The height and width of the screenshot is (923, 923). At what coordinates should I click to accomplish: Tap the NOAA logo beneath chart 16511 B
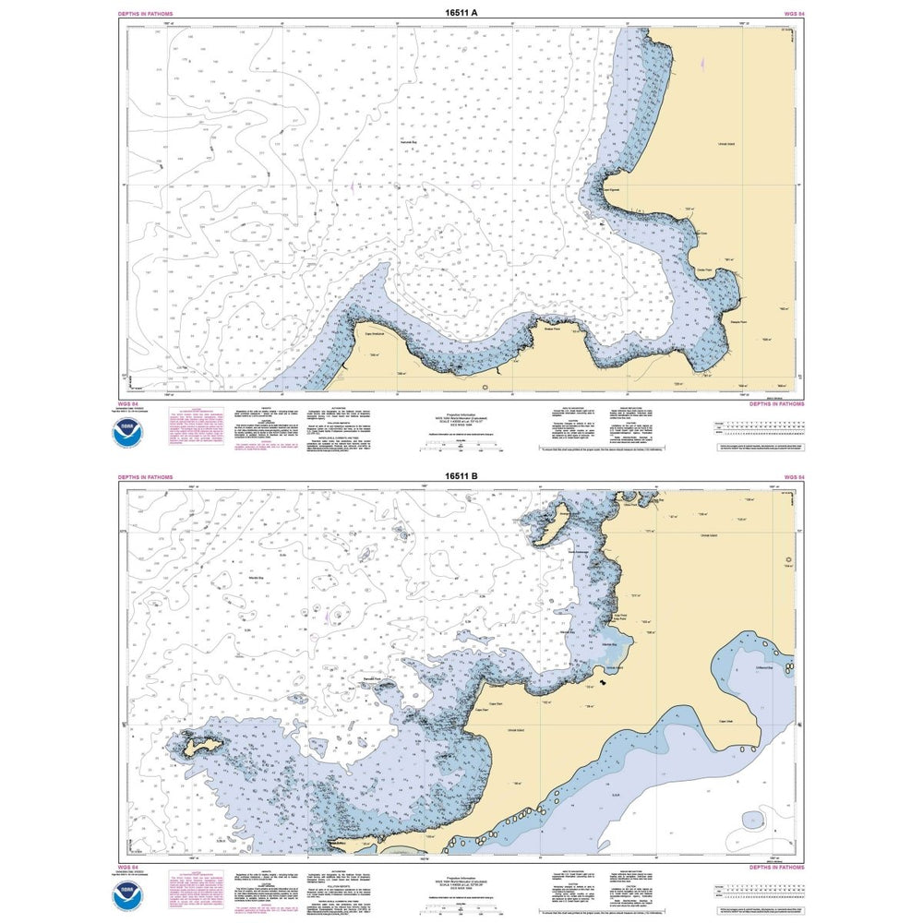134,893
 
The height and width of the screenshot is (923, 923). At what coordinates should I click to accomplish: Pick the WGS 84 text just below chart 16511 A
129,404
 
